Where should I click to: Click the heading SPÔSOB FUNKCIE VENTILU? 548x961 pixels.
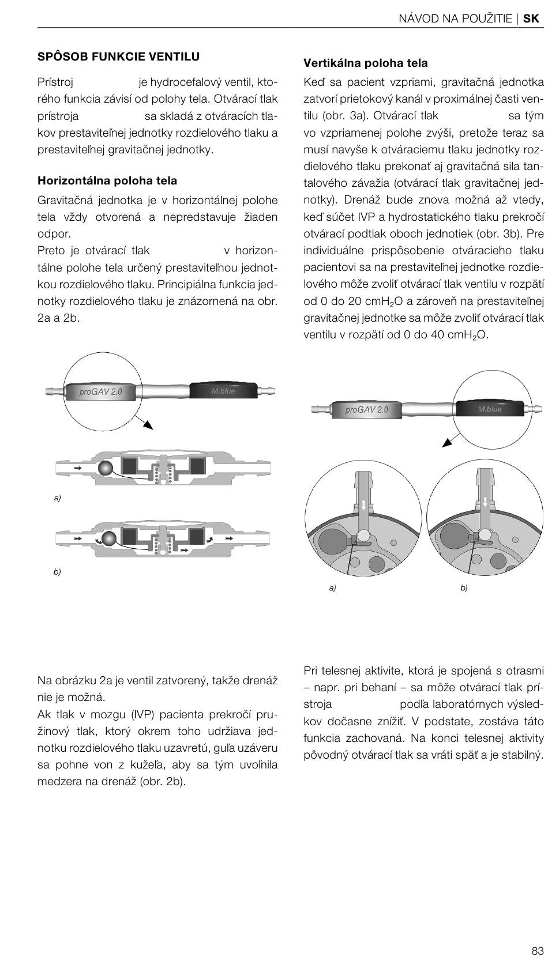pyautogui.click(x=118, y=56)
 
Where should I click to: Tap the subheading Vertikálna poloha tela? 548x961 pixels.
pyautogui.click(x=366, y=63)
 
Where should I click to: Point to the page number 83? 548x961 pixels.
pyautogui.click(x=537, y=950)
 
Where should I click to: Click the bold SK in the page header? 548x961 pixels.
pyautogui.click(x=531, y=18)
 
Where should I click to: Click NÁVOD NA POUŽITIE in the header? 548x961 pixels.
pyautogui.click(x=455, y=18)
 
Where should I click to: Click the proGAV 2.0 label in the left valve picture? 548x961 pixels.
pyautogui.click(x=100, y=392)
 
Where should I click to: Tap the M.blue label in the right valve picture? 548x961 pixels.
pyautogui.click(x=490, y=409)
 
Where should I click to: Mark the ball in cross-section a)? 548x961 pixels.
pyautogui.click(x=107, y=468)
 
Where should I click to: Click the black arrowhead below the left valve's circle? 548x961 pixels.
pyautogui.click(x=148, y=425)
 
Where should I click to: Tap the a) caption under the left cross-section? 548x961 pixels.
pyautogui.click(x=57, y=498)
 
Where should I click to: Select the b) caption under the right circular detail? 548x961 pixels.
pyautogui.click(x=464, y=588)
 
